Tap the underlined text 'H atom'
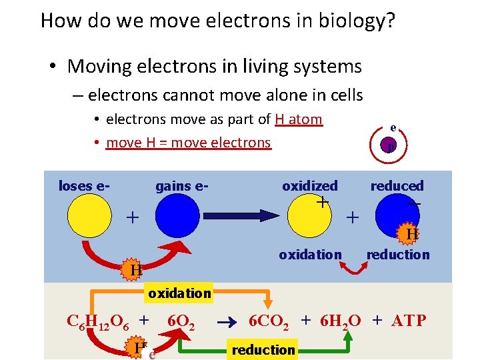(299, 119)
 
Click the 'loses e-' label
(84, 186)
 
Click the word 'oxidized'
(310, 186)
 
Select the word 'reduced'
(397, 186)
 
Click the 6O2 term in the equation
(180, 321)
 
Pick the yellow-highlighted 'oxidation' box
(179, 293)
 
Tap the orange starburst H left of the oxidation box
(136, 270)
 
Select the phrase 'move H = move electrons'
(189, 142)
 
